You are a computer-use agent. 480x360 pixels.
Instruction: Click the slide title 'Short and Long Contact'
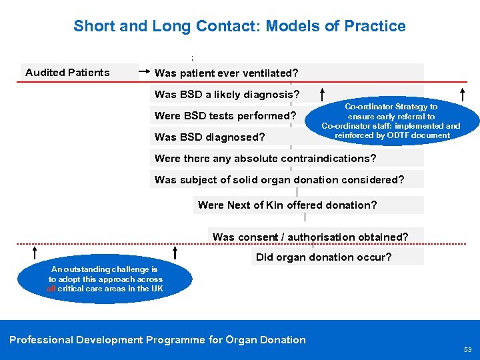(x=239, y=26)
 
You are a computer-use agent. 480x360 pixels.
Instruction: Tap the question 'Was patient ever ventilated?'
(x=226, y=73)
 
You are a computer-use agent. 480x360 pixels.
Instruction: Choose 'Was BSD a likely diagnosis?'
(x=227, y=94)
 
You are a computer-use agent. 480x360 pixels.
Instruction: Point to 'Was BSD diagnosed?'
(x=209, y=137)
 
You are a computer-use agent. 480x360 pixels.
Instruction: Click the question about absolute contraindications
(x=265, y=159)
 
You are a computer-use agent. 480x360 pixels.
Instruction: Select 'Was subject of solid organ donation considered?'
(x=279, y=180)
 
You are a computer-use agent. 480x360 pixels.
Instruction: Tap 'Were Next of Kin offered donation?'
(x=287, y=205)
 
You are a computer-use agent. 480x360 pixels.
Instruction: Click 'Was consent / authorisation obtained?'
(x=310, y=237)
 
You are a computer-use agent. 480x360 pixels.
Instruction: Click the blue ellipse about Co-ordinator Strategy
(x=391, y=121)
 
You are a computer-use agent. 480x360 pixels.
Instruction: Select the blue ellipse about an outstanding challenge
(x=105, y=279)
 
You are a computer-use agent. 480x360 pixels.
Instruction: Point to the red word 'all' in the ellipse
(x=51, y=289)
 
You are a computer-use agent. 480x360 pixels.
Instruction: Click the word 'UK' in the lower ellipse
(x=157, y=289)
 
